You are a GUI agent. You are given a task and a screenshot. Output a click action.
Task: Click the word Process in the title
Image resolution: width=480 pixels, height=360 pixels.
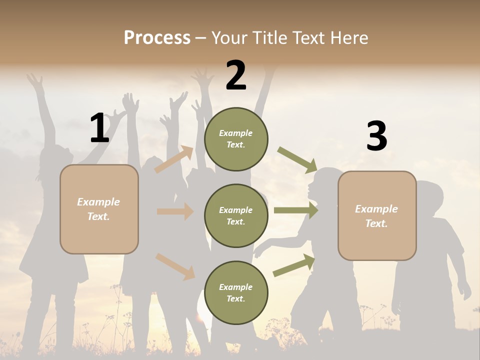(x=157, y=37)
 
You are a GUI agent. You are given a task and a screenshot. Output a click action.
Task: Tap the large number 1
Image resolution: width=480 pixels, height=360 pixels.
(x=99, y=128)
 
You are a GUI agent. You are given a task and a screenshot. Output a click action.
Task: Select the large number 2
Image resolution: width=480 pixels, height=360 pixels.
(x=236, y=75)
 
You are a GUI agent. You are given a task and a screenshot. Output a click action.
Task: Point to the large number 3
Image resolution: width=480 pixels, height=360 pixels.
(x=376, y=136)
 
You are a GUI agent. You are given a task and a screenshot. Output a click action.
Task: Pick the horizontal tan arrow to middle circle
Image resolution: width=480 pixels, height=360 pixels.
(x=175, y=211)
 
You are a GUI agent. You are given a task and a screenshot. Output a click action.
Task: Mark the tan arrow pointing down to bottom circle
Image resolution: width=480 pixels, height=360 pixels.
(x=175, y=266)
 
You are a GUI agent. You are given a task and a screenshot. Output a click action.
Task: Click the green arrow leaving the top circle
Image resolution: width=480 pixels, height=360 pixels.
(x=297, y=159)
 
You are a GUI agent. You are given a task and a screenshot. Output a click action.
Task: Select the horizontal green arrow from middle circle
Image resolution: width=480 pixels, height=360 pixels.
(x=295, y=210)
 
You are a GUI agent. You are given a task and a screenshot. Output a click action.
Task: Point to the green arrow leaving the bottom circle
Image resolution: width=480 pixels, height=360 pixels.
(x=294, y=265)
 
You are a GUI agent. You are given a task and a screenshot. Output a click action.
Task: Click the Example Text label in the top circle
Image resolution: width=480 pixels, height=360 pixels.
(x=236, y=139)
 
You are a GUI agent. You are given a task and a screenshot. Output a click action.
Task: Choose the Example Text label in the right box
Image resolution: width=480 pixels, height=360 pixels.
(x=376, y=216)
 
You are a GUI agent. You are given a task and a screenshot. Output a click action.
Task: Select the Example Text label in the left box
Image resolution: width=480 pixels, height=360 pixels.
(x=98, y=209)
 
